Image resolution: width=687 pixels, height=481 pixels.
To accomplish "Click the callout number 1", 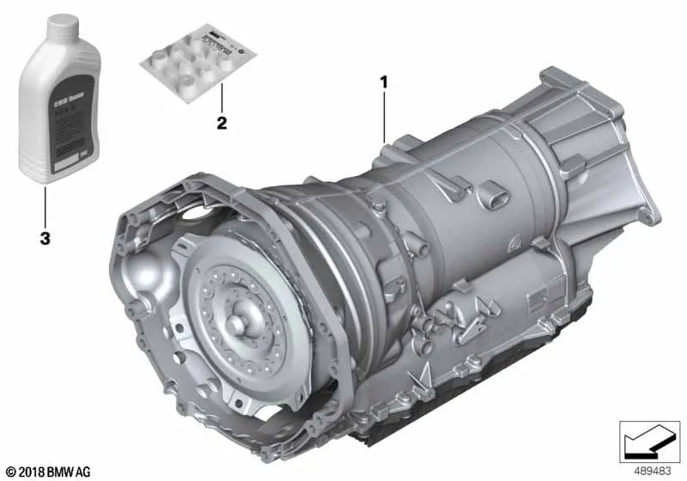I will coord(384,82).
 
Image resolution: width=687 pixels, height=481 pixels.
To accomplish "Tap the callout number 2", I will coord(222,123).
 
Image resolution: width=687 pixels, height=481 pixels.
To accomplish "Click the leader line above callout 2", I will coord(222,99).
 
